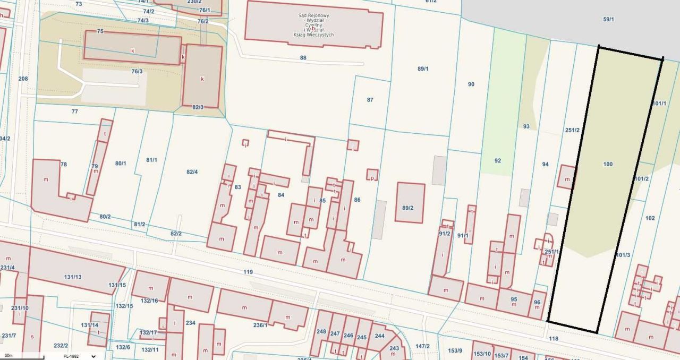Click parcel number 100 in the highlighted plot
[608, 164]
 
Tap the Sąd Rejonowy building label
[313, 25]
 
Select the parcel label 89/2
[407, 208]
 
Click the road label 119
[248, 272]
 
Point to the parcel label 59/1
[608, 19]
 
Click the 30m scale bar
[21, 357]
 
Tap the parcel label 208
[23, 79]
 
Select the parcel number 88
[303, 57]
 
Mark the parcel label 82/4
[192, 172]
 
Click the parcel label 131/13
[72, 277]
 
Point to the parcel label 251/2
[572, 130]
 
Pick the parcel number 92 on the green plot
[497, 160]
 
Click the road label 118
[554, 338]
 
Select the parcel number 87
[370, 100]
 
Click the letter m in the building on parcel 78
[46, 179]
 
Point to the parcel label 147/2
[422, 346]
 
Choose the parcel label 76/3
[137, 71]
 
